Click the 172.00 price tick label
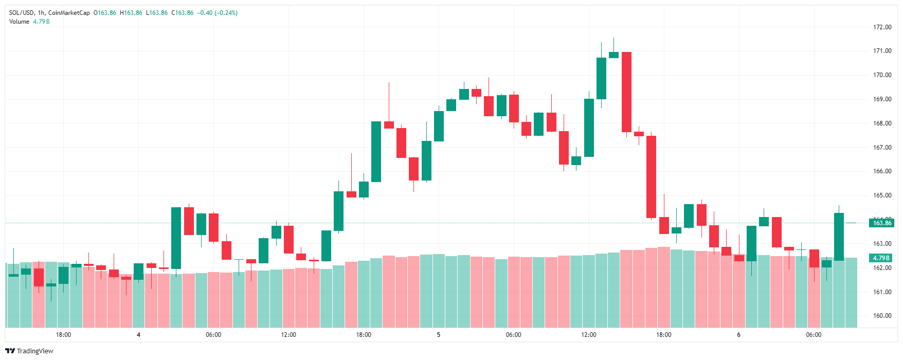pos(882,27)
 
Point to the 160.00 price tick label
pos(882,316)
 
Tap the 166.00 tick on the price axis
pos(882,171)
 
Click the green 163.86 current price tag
pos(881,223)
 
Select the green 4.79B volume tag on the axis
pos(881,258)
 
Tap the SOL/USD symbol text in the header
pos(21,13)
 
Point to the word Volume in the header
pos(20,22)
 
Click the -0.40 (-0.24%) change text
pos(218,13)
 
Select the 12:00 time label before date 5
pos(288,335)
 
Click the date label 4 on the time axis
pos(138,335)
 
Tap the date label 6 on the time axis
pos(738,335)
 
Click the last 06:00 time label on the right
pos(814,335)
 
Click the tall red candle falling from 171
pos(626,92)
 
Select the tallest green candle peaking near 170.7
pos(601,78)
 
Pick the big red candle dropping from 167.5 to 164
pos(651,176)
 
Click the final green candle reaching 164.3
pos(839,237)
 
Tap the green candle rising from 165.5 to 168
pos(376,152)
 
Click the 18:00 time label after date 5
pos(663,335)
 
